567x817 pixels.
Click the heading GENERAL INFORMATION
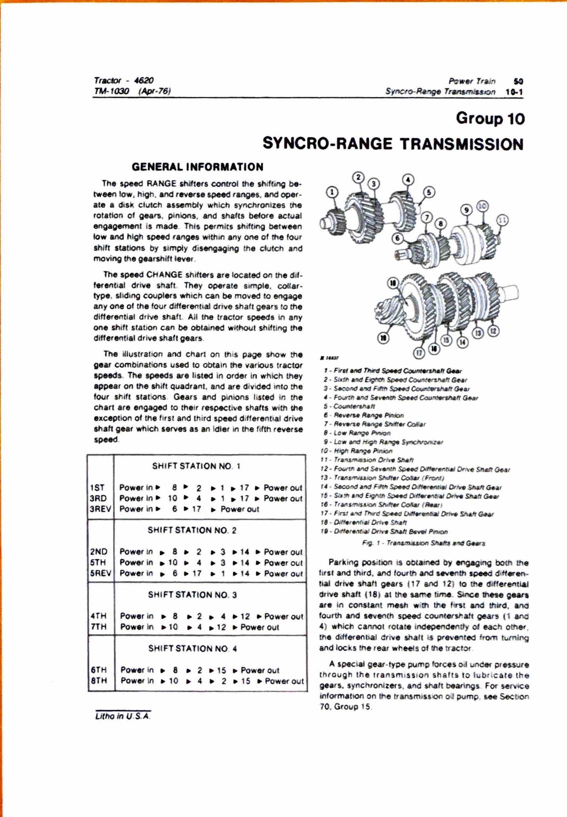click(x=197, y=167)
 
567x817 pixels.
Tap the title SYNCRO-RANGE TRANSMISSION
click(x=393, y=144)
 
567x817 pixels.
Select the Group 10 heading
click(x=490, y=119)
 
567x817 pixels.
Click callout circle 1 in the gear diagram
click(x=332, y=192)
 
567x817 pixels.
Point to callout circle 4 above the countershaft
click(x=408, y=180)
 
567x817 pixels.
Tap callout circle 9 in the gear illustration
click(x=467, y=209)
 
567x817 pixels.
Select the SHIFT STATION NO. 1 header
click(x=196, y=466)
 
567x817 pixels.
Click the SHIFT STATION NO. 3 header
click(x=192, y=595)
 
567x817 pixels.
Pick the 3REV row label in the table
click(x=100, y=509)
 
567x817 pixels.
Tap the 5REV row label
click(x=100, y=573)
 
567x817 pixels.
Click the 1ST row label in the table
click(x=97, y=488)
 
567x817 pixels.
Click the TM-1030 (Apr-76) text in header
click(x=132, y=91)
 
